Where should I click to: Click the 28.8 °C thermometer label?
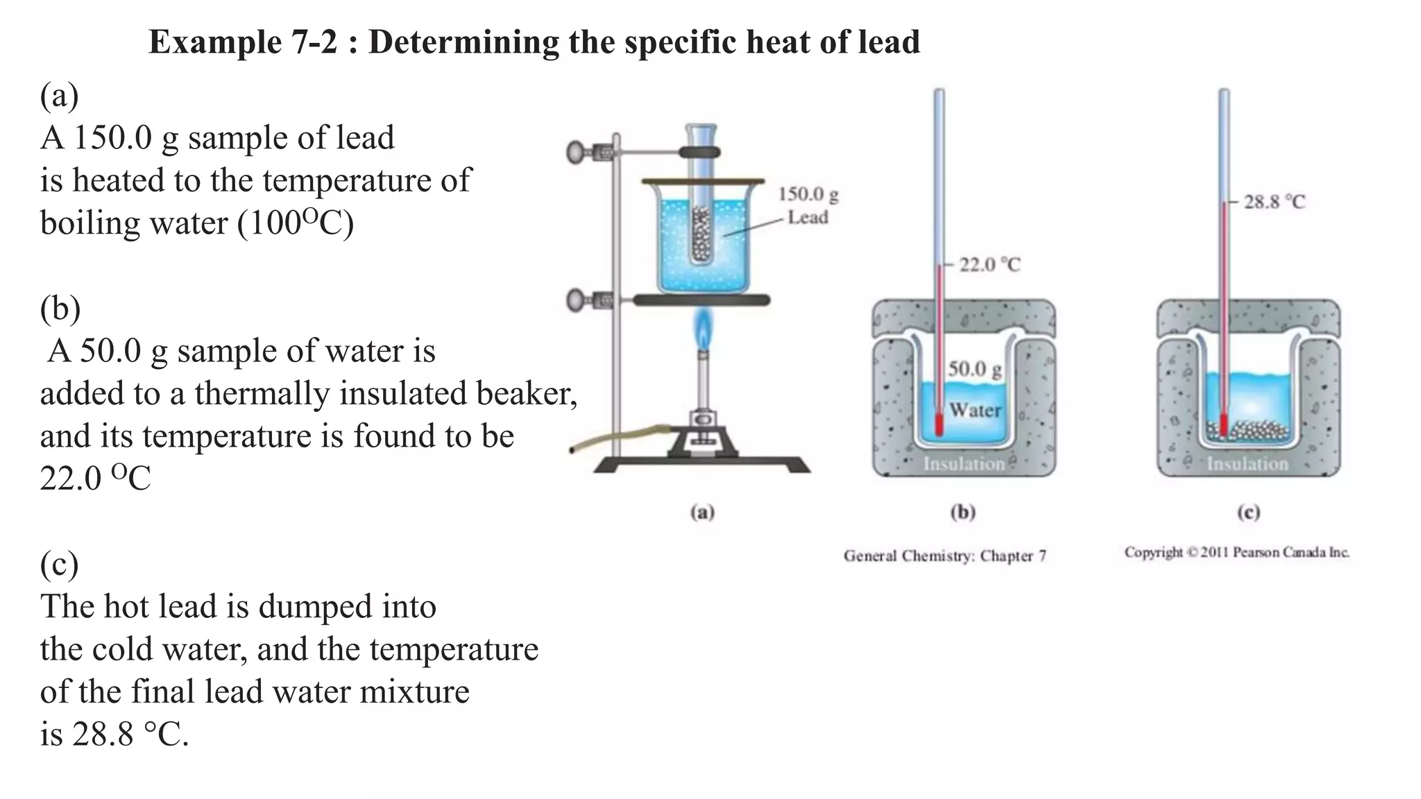coord(1274,202)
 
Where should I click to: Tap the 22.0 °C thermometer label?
coord(989,264)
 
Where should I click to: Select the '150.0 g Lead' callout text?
coord(808,206)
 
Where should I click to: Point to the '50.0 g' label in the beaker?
coord(974,368)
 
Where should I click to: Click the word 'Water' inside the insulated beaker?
coord(975,410)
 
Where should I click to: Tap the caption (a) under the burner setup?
coord(702,513)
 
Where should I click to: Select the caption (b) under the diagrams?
coord(963,513)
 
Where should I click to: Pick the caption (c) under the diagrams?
coord(1248,513)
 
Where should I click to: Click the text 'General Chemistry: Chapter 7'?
coord(945,556)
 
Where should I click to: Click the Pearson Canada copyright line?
coord(1236,553)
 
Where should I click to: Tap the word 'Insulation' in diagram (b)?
coord(964,463)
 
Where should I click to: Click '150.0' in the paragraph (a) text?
coord(112,137)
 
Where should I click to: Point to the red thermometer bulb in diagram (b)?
coord(939,425)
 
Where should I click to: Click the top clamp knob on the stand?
coord(576,152)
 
